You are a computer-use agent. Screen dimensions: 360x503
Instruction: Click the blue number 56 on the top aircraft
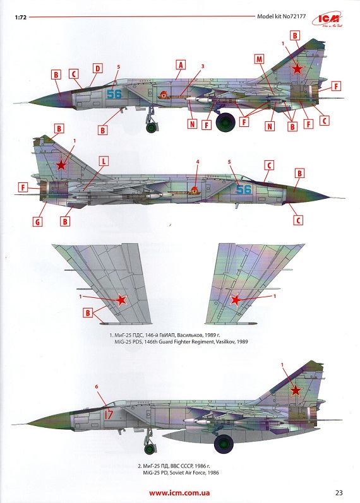coord(114,94)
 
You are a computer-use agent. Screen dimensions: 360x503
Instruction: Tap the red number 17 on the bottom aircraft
coord(109,414)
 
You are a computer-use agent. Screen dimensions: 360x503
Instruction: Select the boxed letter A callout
coord(181,65)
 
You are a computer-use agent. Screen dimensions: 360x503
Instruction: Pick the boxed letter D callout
coord(98,68)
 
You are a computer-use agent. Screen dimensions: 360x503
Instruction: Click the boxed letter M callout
coord(259,59)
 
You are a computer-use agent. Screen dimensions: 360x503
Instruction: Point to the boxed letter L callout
coord(104,161)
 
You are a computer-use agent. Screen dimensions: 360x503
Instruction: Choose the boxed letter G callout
coord(37,222)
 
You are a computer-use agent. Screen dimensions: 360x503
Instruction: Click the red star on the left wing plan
coord(121,300)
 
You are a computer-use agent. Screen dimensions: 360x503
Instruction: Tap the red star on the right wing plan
coord(236,300)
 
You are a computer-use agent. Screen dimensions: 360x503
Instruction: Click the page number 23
coord(339,492)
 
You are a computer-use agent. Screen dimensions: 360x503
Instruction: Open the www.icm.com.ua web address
coord(179,493)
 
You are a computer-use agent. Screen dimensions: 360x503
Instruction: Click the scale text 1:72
coord(21,17)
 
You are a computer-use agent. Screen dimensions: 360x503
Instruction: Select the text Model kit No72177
coord(281,16)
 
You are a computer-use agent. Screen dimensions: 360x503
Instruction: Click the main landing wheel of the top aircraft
coord(225,122)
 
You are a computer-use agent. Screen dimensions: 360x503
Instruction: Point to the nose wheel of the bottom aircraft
coord(150,449)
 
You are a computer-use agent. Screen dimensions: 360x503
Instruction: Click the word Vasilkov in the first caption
coord(225,341)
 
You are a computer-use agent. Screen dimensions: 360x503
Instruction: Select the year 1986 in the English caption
coord(213,473)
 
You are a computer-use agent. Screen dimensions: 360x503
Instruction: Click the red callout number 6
coord(97,386)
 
